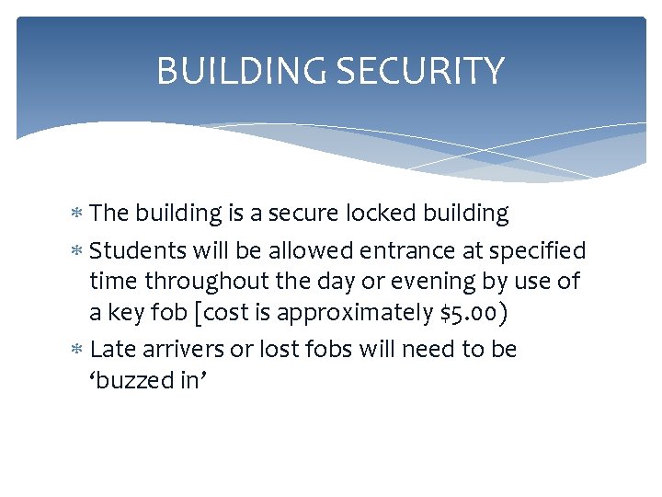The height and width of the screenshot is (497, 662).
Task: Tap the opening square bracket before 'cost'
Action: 198,313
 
